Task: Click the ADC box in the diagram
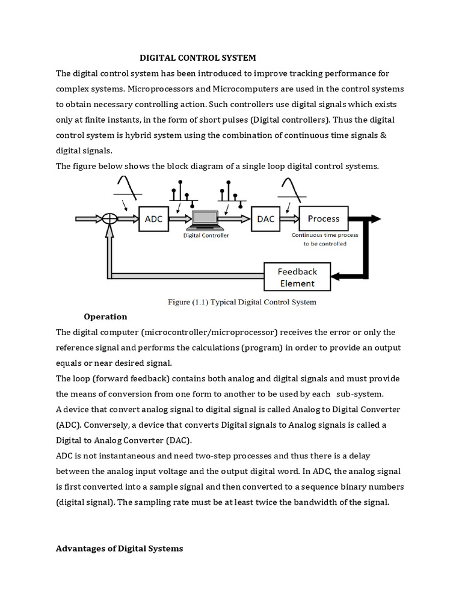pos(153,220)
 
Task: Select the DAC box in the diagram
pos(265,220)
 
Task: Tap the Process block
pos(323,219)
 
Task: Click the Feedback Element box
pos(297,277)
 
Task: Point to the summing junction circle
pos(109,220)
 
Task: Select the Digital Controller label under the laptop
pos(206,236)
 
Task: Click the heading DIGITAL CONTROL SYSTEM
pos(198,58)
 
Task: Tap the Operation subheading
pos(105,316)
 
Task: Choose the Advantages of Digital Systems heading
pos(119,549)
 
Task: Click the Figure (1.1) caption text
pos(241,302)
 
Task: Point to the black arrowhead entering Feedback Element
pos(337,277)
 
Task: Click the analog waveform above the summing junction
pos(127,188)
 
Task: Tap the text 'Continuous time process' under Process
pos(325,235)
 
